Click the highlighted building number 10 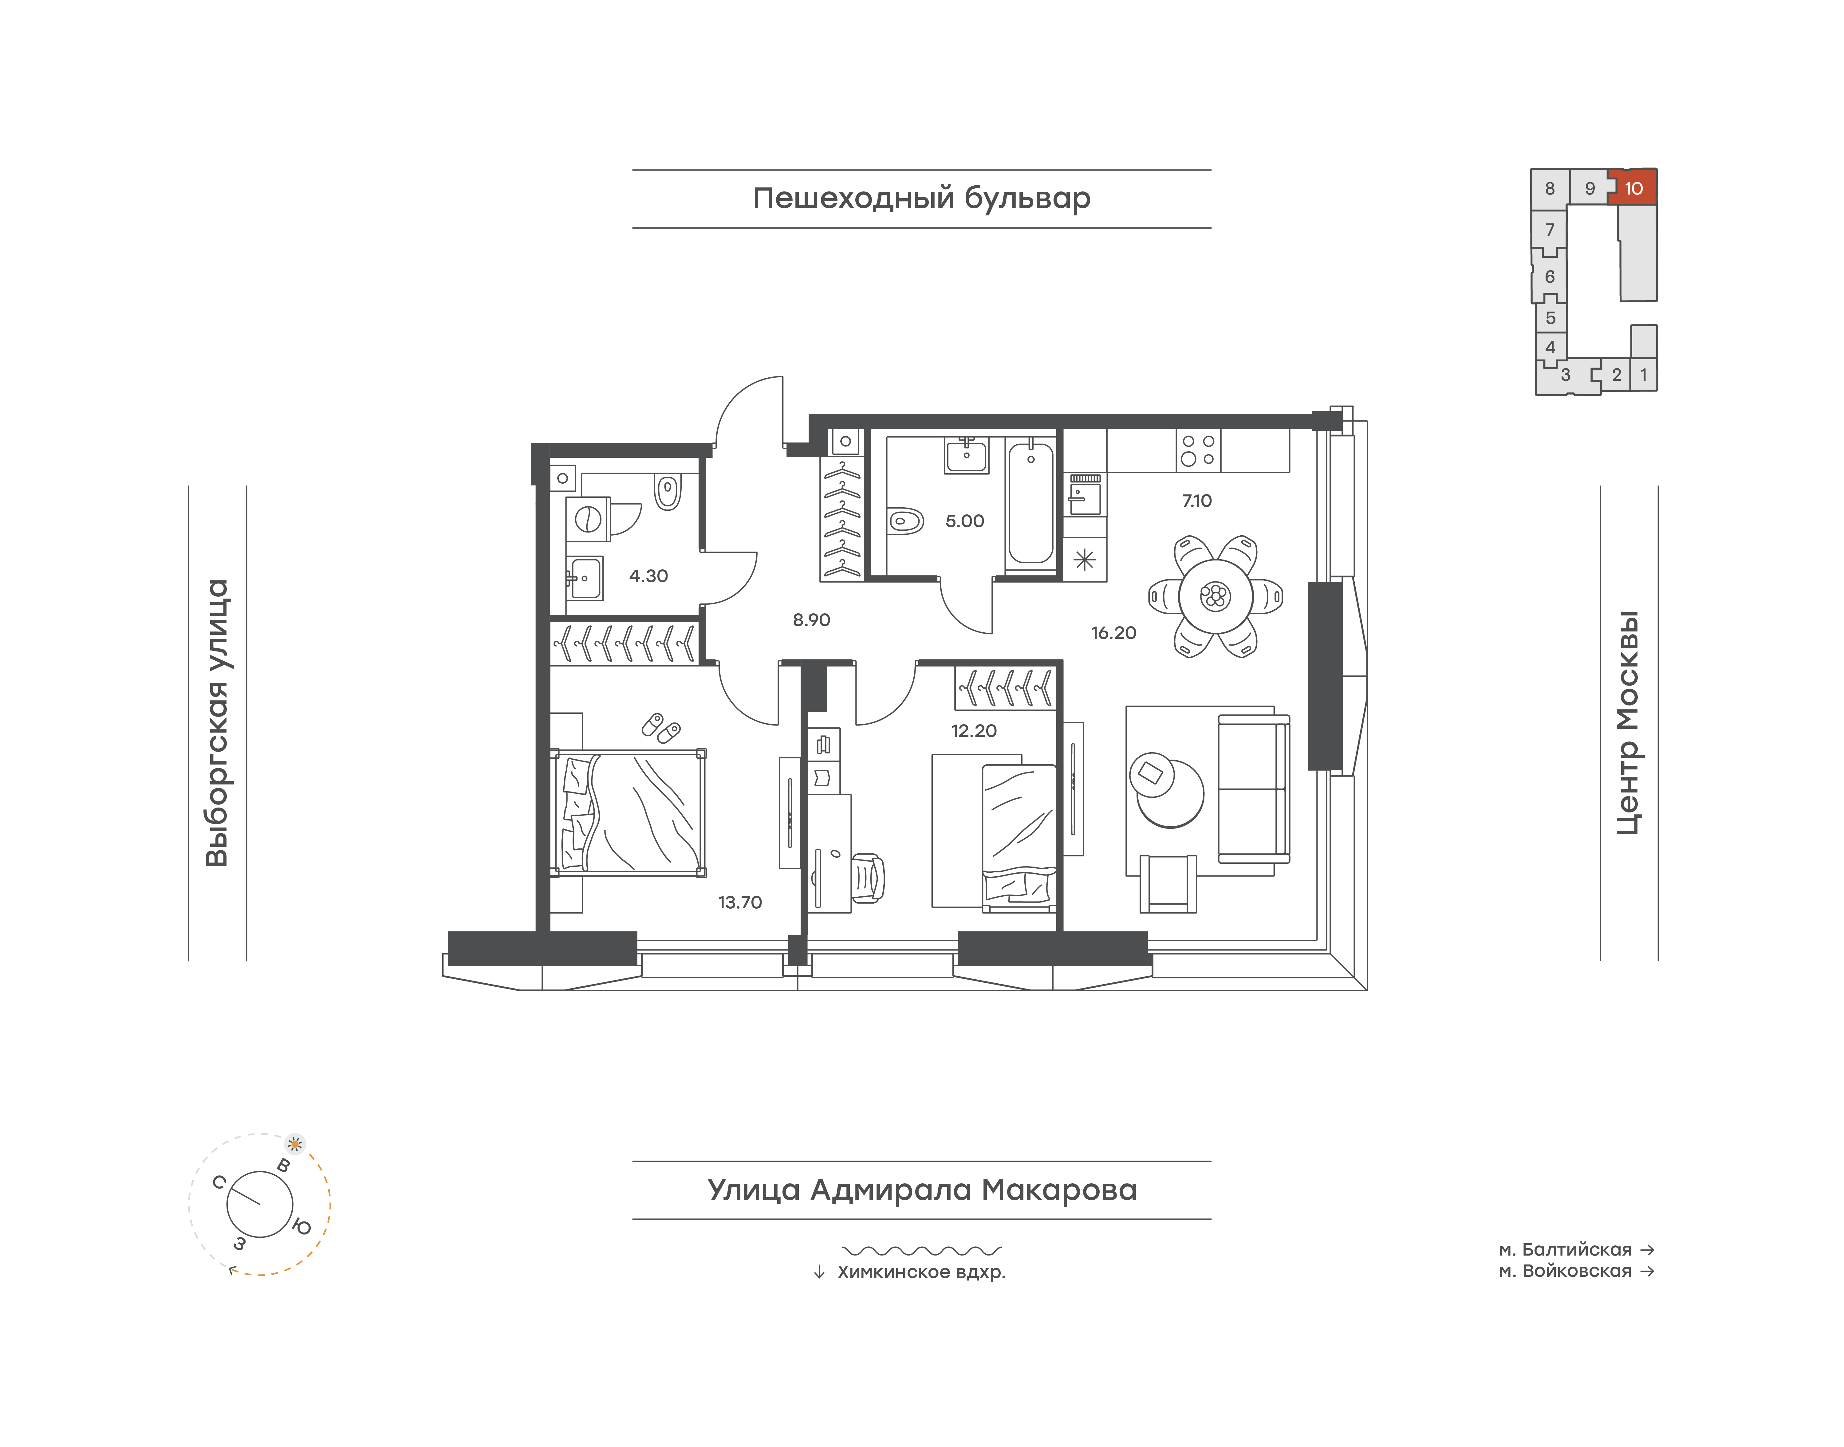click(x=1633, y=188)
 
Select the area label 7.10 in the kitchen click(x=1196, y=501)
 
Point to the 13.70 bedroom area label click(x=740, y=902)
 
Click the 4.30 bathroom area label click(x=648, y=576)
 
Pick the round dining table click(x=1215, y=596)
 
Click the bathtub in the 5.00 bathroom click(x=1030, y=503)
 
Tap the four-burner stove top click(x=1198, y=450)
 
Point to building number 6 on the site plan click(x=1550, y=277)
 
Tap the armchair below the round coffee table click(x=1168, y=884)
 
